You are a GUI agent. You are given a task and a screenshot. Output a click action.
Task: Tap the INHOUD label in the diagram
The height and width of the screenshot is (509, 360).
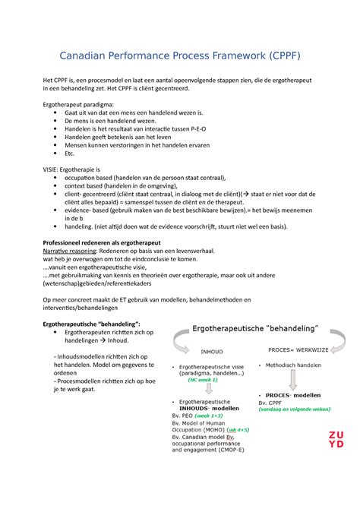pyautogui.click(x=211, y=352)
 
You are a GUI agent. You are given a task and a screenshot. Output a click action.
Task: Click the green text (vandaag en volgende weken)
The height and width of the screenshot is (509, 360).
pyautogui.click(x=296, y=409)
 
